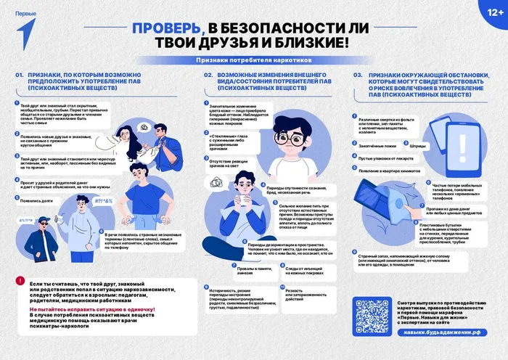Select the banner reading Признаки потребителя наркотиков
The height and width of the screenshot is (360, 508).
pos(253,61)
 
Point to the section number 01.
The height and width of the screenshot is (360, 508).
pos(20,75)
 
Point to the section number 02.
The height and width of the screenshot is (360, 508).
pos(208,75)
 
